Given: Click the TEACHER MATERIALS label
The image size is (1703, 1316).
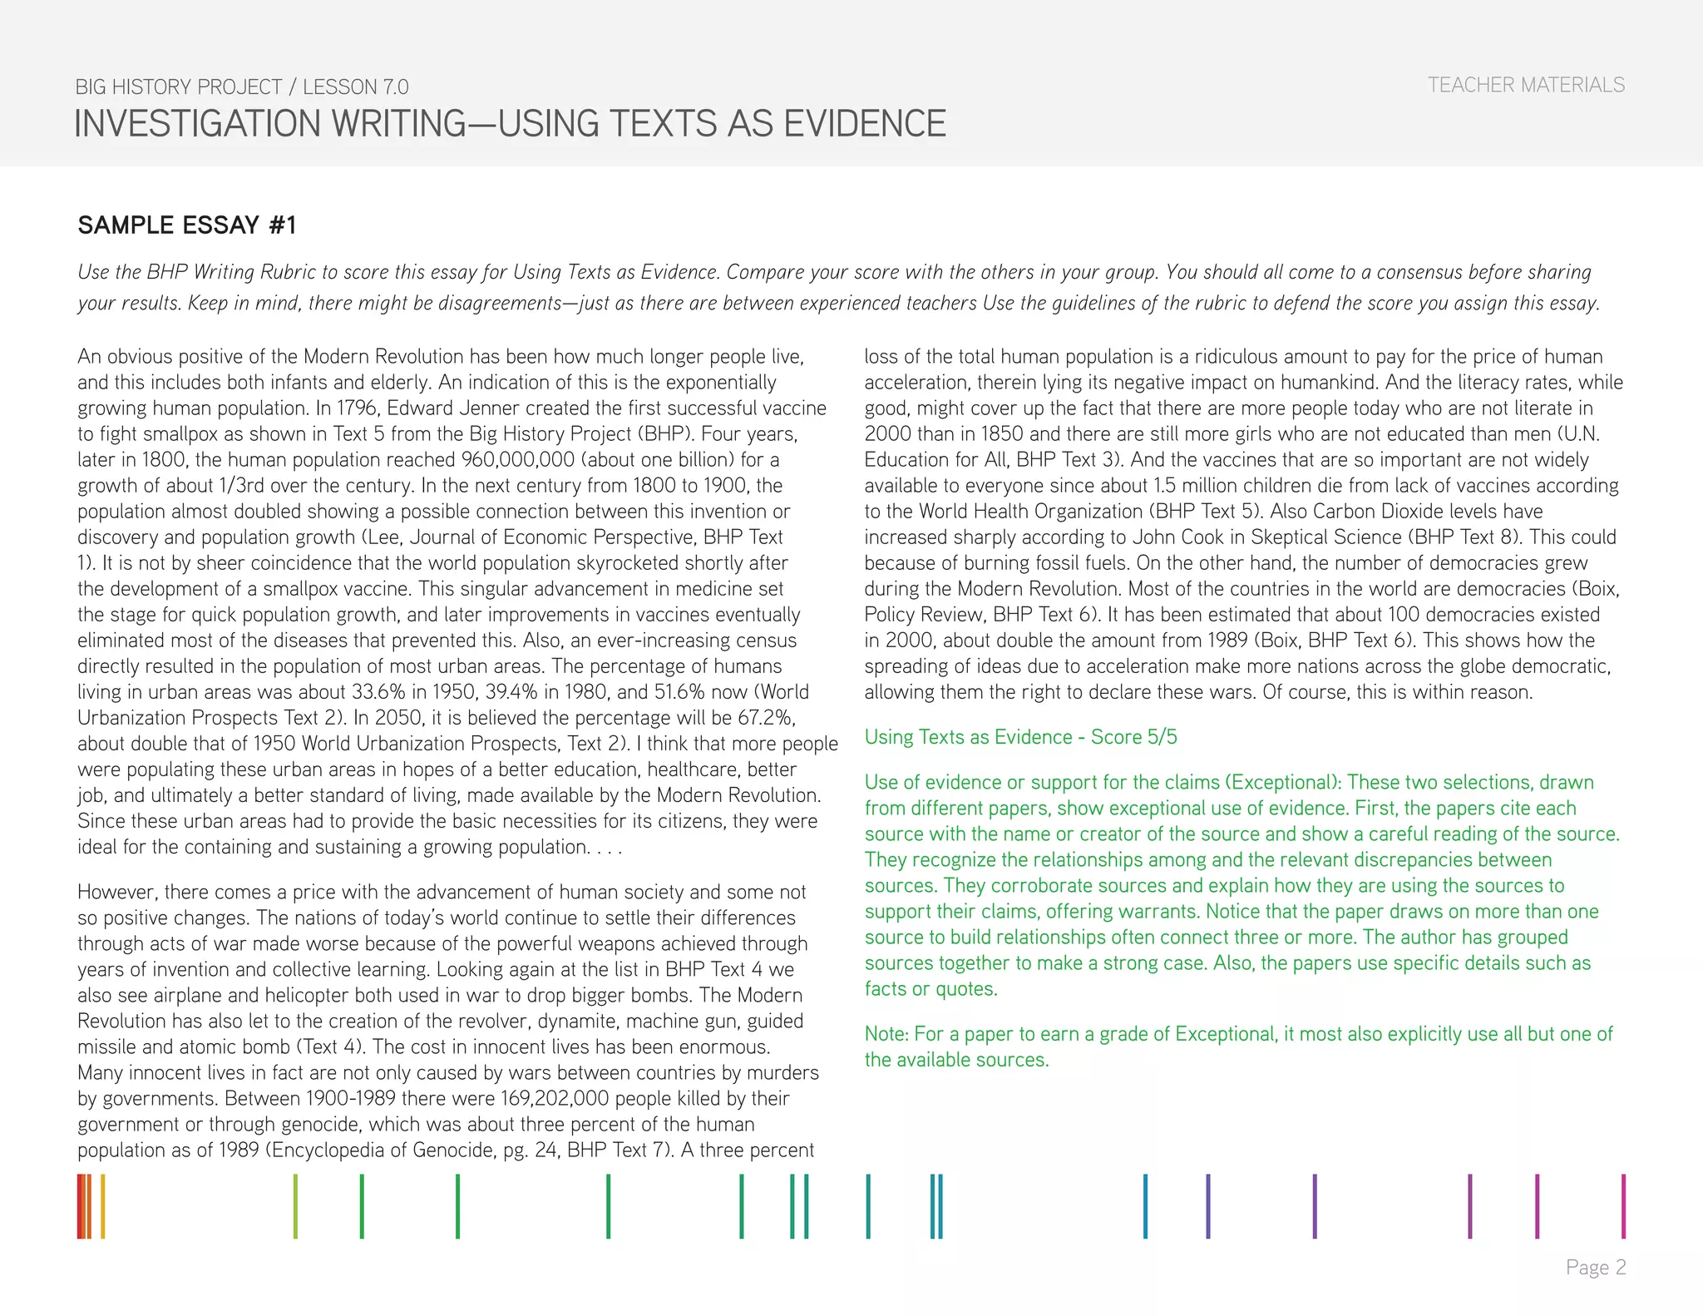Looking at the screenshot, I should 1526,85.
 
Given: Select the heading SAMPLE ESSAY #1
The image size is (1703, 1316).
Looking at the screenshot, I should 187,225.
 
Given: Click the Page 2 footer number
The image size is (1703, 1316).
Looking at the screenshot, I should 1595,1267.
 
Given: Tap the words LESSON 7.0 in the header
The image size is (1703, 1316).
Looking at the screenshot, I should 355,87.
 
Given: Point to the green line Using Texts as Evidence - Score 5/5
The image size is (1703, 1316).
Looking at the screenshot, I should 1020,737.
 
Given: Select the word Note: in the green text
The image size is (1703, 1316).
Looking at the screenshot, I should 886,1034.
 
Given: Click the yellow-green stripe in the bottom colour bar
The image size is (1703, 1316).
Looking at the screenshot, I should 295,1205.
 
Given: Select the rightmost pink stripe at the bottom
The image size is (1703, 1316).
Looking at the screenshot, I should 1623,1205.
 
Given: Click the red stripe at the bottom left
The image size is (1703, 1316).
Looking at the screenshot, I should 81,1205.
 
